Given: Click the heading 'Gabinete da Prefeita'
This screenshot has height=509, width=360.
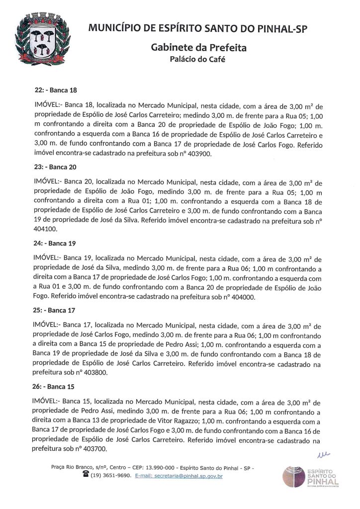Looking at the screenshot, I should click(198, 48).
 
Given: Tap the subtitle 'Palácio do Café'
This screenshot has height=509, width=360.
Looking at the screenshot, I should click(198, 60).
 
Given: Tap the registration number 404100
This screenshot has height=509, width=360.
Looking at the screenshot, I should click(46, 230).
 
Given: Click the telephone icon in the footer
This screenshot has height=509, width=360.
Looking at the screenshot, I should click(85, 475).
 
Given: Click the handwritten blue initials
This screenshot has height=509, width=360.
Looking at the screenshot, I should click(323, 454).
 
